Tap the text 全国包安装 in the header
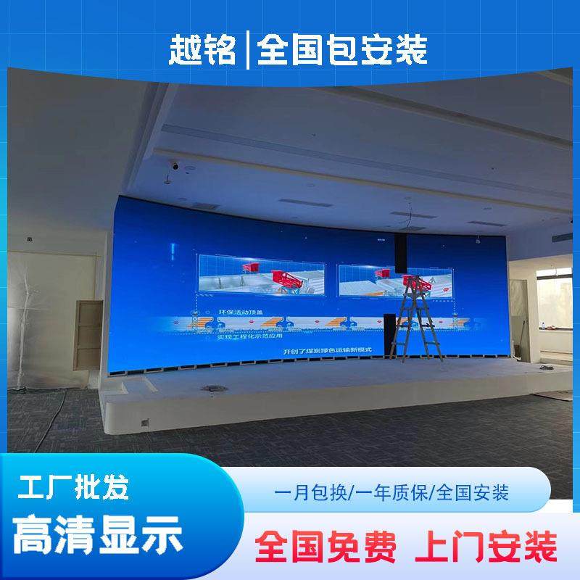341,49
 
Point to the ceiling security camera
175,165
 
